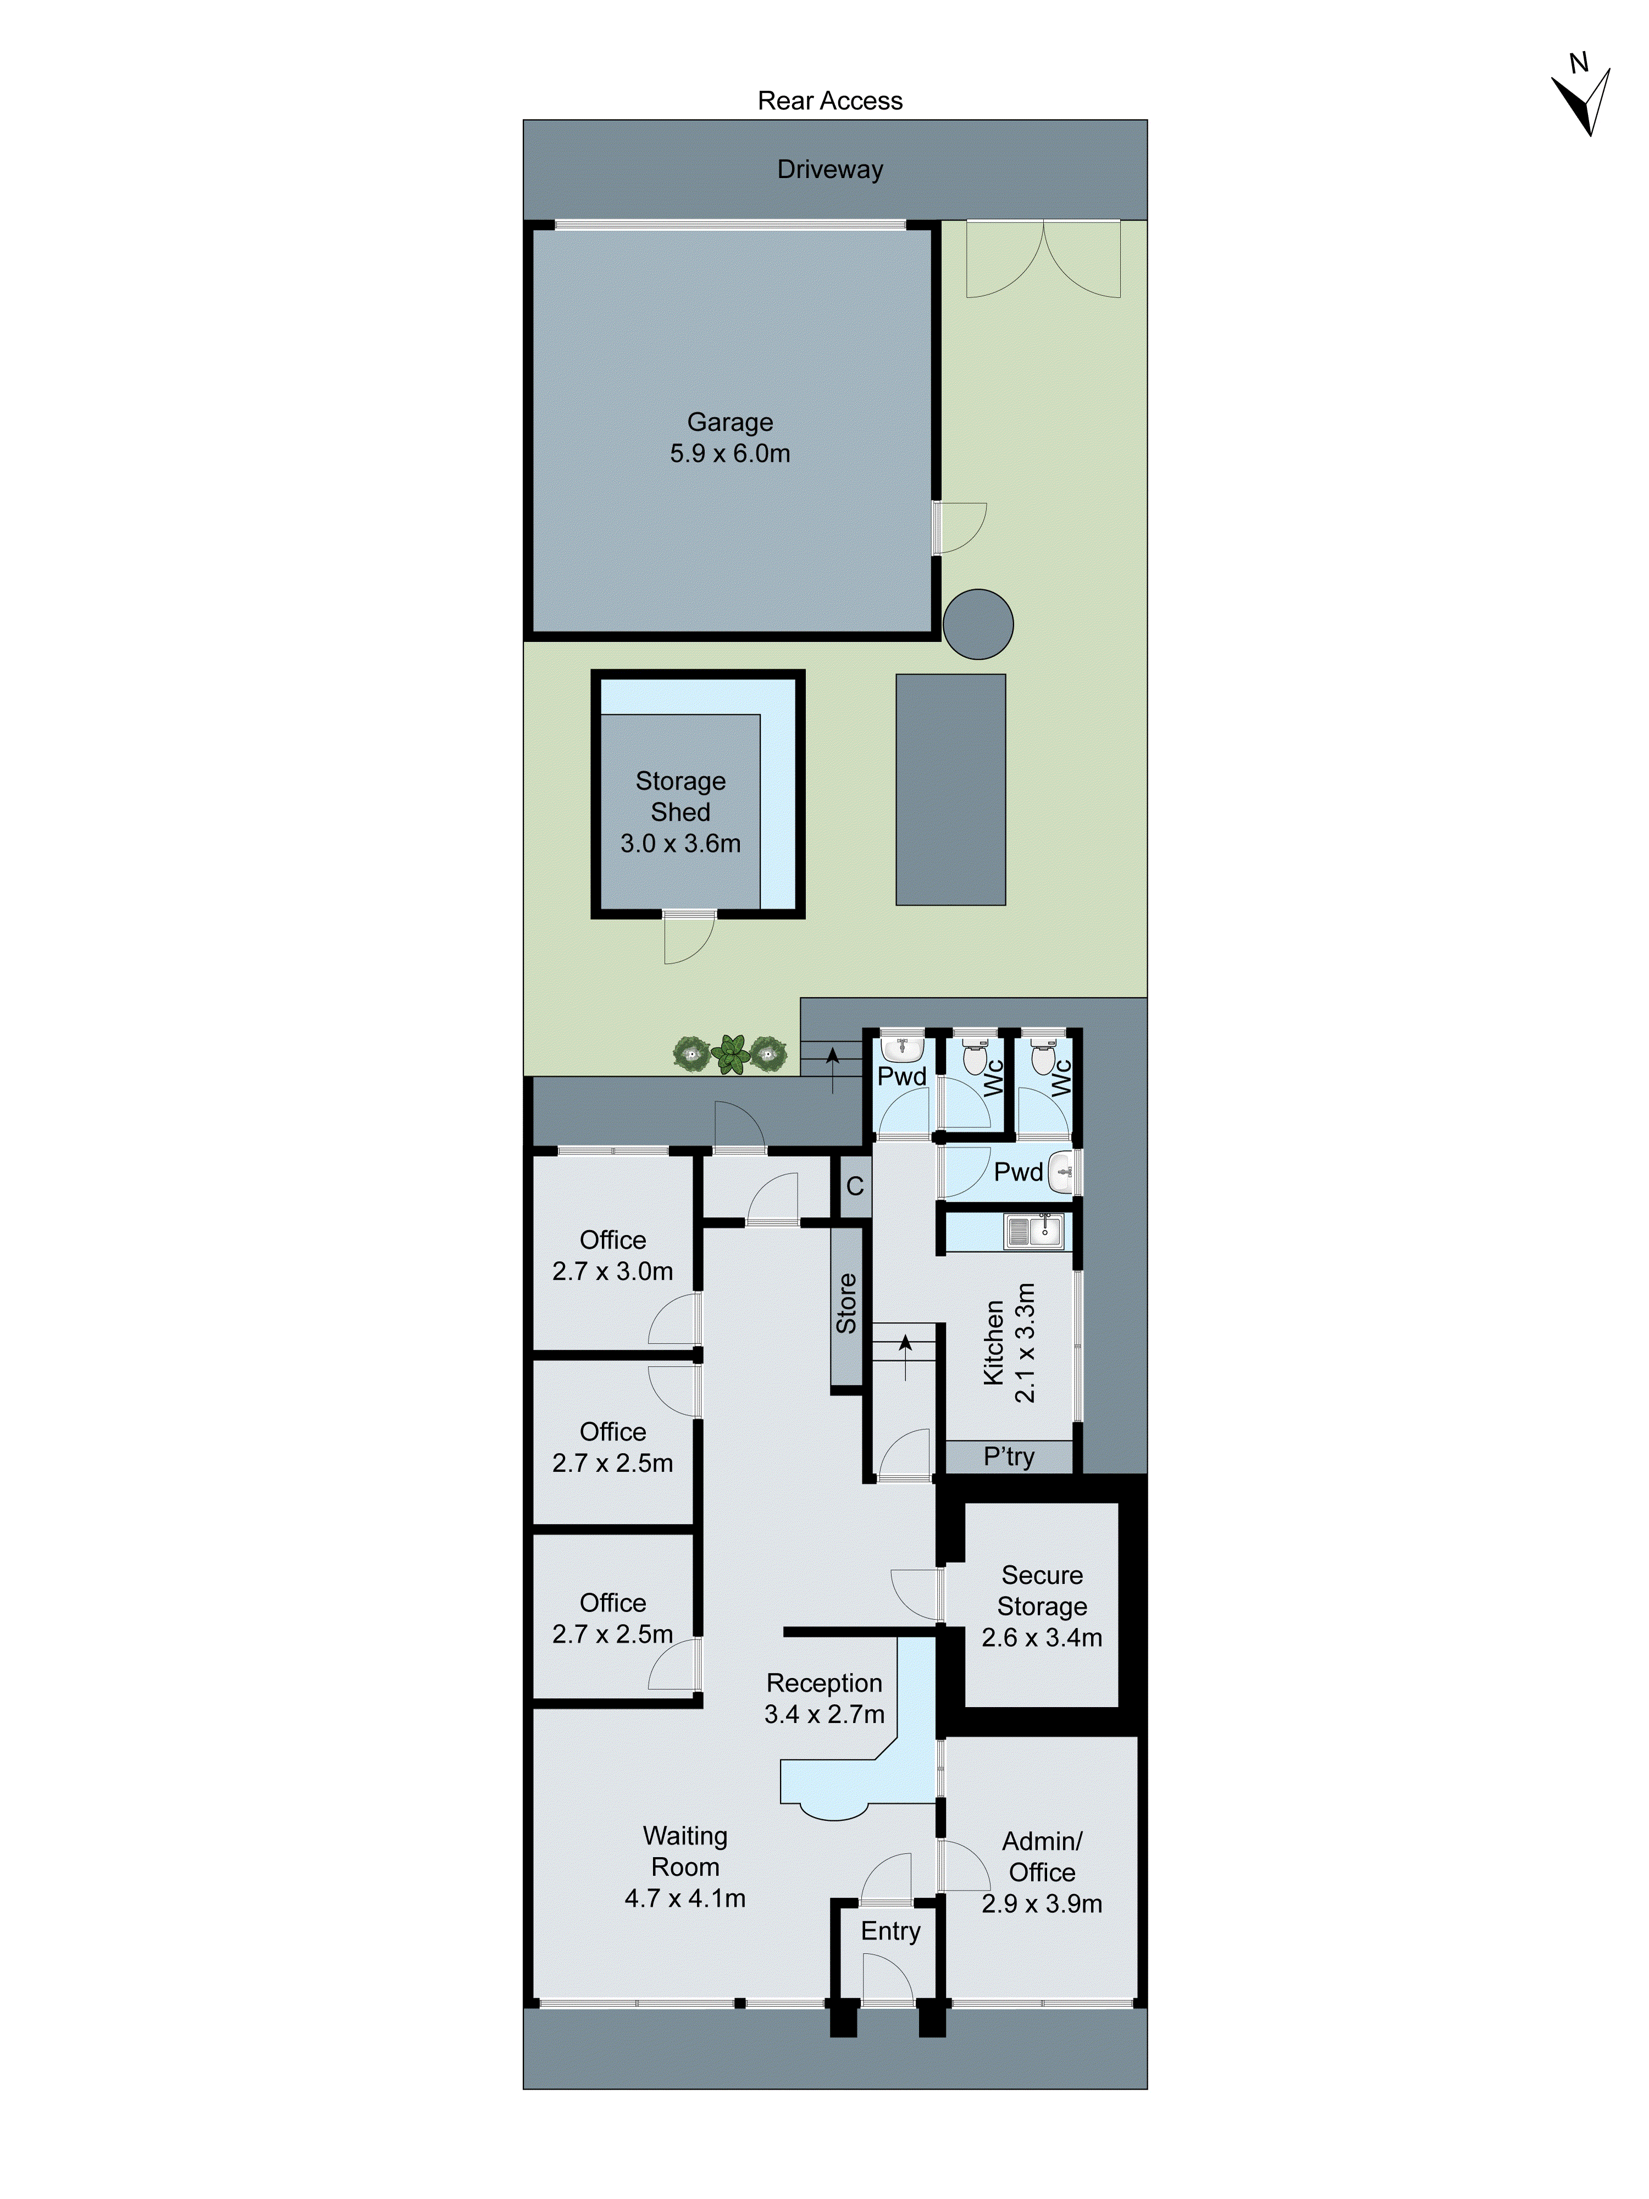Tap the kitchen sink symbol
coord(1034,1233)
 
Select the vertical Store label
coord(846,1303)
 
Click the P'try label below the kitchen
coord(1008,1456)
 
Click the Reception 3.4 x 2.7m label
coord(824,1698)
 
